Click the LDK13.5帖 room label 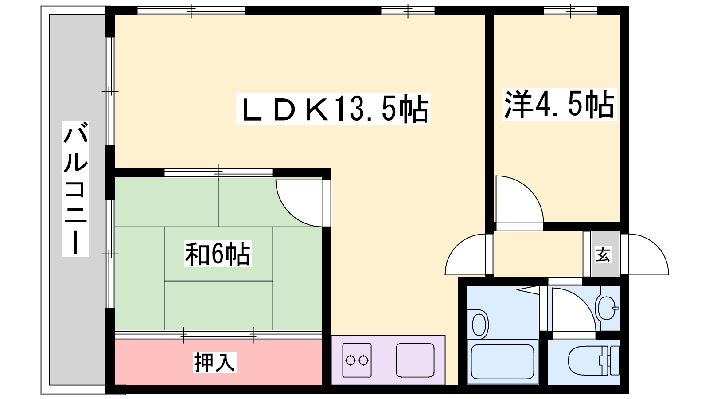[x=333, y=109]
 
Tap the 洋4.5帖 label [x=560, y=104]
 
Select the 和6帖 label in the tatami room [x=218, y=254]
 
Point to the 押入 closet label [x=215, y=362]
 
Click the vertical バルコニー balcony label [x=75, y=189]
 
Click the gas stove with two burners [x=357, y=360]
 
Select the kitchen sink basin [x=415, y=360]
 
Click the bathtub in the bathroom [x=503, y=362]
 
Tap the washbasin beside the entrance [x=607, y=308]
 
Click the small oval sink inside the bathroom [x=479, y=324]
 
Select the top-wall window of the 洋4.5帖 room [x=570, y=11]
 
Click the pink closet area [x=218, y=362]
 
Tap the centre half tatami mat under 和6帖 [x=218, y=254]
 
